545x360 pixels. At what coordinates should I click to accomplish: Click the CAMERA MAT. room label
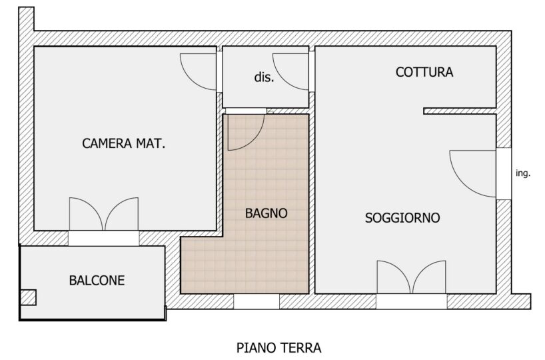click(123, 143)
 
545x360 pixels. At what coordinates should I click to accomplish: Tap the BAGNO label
click(267, 213)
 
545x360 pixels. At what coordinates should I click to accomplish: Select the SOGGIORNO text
click(402, 218)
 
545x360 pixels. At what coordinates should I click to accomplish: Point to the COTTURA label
click(424, 72)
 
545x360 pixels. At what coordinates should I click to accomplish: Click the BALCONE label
click(97, 281)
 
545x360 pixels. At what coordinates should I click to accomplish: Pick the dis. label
click(264, 77)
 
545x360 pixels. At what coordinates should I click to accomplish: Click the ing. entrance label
click(523, 173)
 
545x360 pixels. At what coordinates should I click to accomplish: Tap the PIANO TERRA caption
click(278, 347)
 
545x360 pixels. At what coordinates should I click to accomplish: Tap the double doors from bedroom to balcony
click(104, 213)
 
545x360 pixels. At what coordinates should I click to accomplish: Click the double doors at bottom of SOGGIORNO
click(412, 277)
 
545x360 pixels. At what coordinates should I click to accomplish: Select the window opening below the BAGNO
click(256, 301)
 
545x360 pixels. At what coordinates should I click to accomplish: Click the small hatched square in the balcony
click(28, 297)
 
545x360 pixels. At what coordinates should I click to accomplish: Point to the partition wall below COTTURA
click(460, 111)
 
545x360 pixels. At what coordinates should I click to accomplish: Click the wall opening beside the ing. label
click(504, 173)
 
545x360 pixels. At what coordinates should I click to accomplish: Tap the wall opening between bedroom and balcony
click(103, 238)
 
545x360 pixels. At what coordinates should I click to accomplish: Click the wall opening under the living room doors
click(412, 301)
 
